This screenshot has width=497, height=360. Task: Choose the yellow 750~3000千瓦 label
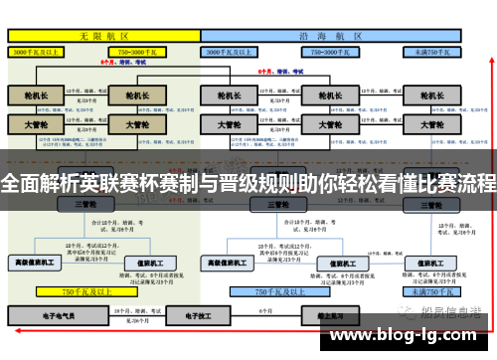(x=141, y=49)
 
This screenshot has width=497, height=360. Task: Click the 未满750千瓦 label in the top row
(x=433, y=49)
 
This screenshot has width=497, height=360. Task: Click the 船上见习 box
(x=319, y=314)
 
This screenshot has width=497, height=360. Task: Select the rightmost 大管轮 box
(x=433, y=126)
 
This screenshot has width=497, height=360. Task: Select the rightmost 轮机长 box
(x=433, y=96)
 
